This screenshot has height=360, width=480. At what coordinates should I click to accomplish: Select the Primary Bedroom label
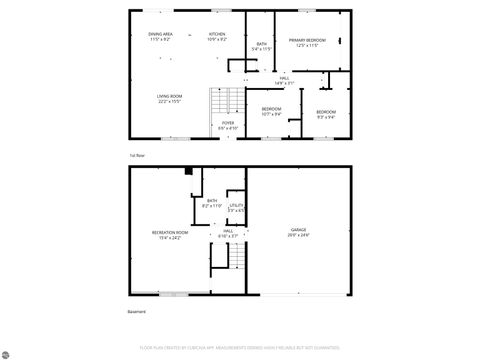(312, 42)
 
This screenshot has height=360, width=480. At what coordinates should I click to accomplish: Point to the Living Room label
(168, 98)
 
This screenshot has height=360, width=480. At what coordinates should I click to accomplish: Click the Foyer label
(228, 125)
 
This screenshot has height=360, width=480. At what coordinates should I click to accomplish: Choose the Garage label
(298, 231)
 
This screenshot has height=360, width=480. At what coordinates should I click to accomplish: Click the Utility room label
(236, 208)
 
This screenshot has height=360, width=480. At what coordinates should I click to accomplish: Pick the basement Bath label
(212, 203)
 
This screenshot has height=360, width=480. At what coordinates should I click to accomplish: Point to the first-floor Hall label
(285, 80)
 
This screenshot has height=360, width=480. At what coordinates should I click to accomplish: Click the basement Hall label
(228, 233)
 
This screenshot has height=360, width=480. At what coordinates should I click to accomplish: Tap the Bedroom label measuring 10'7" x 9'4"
(271, 110)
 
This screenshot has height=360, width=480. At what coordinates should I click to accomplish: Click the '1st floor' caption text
(137, 156)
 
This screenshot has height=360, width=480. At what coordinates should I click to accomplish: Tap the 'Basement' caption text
(137, 312)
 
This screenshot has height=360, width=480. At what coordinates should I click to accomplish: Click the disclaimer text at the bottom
(240, 349)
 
